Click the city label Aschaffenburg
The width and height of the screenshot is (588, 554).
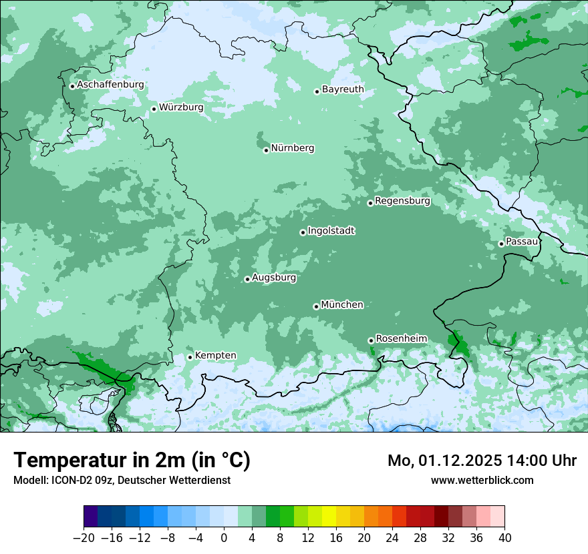(110, 85)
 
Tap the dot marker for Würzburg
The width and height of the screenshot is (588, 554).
(154, 109)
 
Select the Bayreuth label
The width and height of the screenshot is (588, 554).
(343, 89)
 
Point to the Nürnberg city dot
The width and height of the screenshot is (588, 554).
(266, 150)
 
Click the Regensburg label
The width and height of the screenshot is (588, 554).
(402, 200)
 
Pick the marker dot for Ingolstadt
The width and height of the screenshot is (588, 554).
(303, 233)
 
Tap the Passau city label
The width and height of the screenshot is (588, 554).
(522, 241)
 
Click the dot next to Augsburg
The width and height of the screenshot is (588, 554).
(247, 279)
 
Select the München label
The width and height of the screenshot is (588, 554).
(342, 304)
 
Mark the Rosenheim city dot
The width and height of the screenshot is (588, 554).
(371, 340)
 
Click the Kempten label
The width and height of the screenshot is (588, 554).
(215, 355)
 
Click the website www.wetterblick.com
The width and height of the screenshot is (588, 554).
(482, 480)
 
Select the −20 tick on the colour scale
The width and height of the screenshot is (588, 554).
(84, 538)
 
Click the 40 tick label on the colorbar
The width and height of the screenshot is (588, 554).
(504, 538)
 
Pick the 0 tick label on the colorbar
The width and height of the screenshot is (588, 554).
(224, 538)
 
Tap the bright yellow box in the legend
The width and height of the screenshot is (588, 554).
(329, 517)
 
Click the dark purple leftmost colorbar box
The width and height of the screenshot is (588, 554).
(91, 517)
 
